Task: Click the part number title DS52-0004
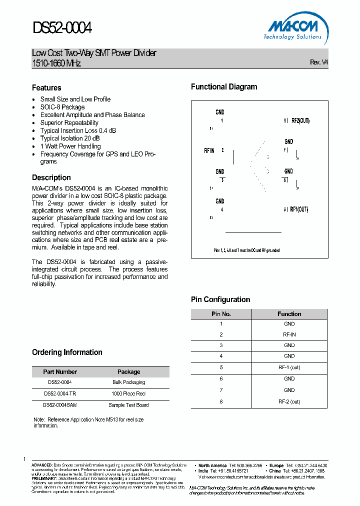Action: (62, 27)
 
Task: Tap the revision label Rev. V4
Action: (318, 62)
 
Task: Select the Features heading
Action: (46, 87)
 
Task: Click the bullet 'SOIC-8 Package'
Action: (62, 107)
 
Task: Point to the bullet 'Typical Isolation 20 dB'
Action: (69, 138)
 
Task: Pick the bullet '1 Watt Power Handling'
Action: (70, 146)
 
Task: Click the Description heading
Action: (51, 177)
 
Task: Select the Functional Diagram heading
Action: (224, 87)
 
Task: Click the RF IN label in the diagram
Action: (209, 150)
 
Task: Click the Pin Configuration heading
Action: (220, 299)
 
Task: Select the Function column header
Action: (289, 314)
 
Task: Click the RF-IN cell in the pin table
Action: (289, 334)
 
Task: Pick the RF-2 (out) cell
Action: (289, 401)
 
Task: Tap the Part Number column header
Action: (60, 371)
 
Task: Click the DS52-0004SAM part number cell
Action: (60, 405)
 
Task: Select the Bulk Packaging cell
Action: (128, 382)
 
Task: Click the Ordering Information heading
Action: (67, 352)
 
